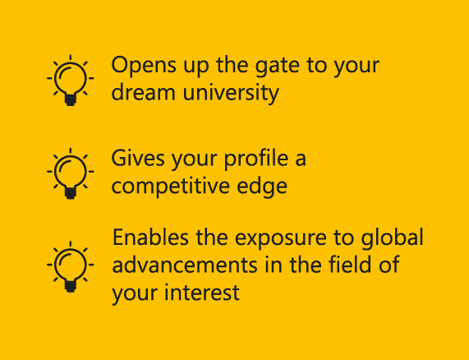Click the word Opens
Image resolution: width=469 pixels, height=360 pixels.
[144, 66]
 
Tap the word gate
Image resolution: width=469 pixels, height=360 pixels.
[278, 67]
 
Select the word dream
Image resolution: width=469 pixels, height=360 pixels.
[143, 91]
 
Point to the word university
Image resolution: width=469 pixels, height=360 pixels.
[231, 94]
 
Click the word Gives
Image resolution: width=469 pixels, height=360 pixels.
[138, 158]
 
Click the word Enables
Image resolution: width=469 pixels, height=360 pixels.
[150, 238]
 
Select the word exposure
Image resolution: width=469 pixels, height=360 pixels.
[281, 239]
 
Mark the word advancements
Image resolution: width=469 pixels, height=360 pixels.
[185, 265]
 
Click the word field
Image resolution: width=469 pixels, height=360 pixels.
[350, 264]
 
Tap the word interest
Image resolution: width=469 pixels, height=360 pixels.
[201, 293]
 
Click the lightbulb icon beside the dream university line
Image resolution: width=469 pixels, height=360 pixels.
[71, 81]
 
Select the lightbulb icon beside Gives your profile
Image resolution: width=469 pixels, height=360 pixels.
[71, 173]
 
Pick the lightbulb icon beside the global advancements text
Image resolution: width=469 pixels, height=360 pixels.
[71, 266]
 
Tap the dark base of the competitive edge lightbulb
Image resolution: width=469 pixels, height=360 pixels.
[71, 193]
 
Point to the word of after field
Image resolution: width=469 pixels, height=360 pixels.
[389, 264]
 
